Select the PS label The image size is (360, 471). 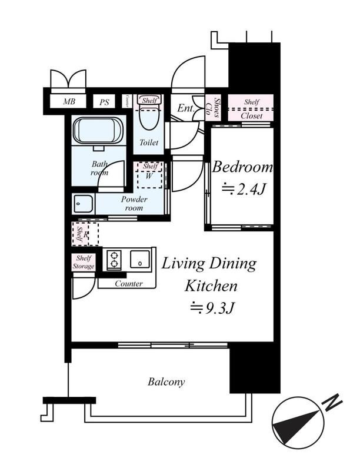tap(104, 102)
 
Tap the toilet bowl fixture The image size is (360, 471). tap(149, 115)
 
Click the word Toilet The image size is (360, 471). tap(149, 142)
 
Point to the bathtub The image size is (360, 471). tap(98, 130)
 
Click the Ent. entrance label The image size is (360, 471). tap(185, 108)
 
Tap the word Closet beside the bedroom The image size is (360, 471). tap(252, 116)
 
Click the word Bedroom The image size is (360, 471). tap(242, 167)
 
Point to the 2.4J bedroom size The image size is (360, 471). tap(244, 189)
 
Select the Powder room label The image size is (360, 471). tap(134, 203)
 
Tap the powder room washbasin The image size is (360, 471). tap(84, 203)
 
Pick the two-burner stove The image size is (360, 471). tap(114, 259)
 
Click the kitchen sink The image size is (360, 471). tap(140, 259)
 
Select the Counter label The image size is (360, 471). tap(129, 284)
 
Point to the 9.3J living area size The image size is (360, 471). tap(212, 307)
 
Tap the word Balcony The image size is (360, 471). tap(166, 382)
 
